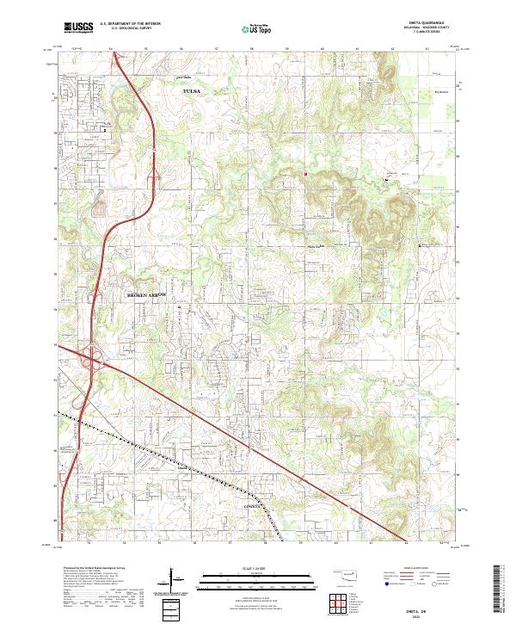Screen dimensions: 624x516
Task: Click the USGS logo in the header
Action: (x=77, y=28)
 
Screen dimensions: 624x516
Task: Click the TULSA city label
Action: (x=190, y=90)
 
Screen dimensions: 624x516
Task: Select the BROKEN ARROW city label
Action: (x=150, y=294)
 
